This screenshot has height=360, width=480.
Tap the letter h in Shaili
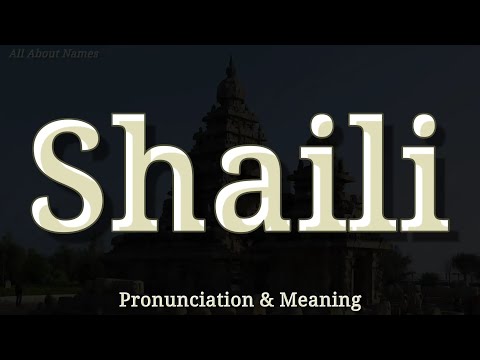[169, 172]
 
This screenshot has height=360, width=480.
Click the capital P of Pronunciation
[124, 298]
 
